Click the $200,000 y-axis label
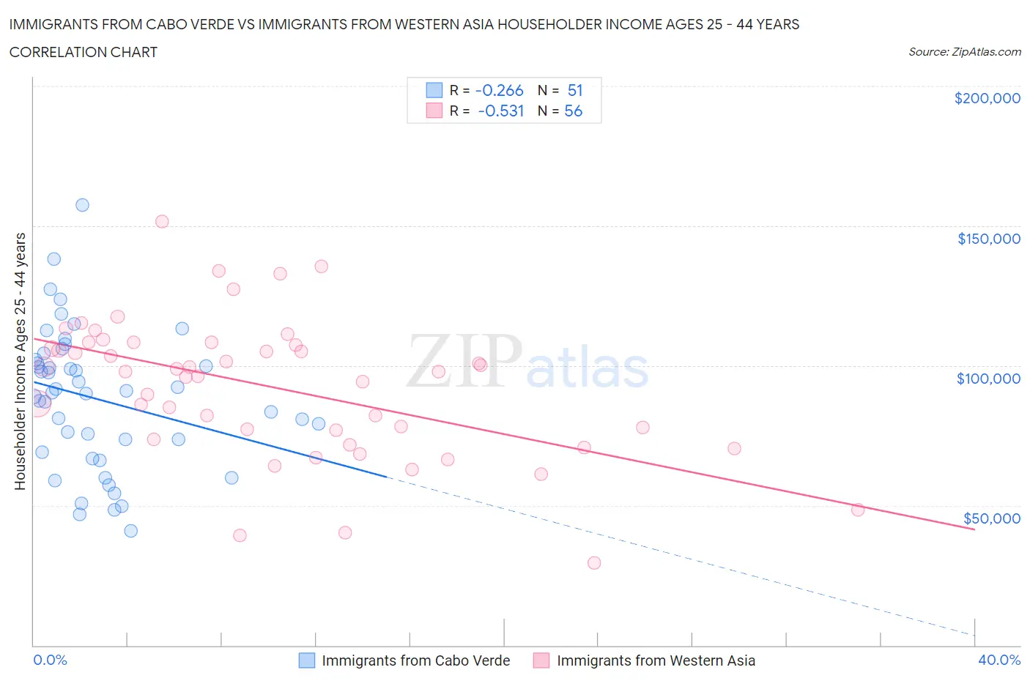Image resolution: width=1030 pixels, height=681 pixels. (x=987, y=99)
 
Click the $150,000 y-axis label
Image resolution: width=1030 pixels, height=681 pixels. (x=988, y=239)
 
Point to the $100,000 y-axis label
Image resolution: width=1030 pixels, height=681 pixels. (x=988, y=379)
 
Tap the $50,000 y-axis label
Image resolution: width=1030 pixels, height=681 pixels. (x=991, y=518)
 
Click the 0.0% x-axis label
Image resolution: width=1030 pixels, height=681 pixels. (x=50, y=660)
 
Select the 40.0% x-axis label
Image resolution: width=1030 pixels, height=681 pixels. (x=999, y=660)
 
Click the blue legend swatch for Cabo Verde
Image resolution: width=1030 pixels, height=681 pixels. (x=307, y=660)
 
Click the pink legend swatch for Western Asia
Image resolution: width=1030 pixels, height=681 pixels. (x=541, y=660)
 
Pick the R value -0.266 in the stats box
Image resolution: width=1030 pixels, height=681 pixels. (x=499, y=90)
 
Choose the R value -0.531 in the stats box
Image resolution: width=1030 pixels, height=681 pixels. (x=500, y=111)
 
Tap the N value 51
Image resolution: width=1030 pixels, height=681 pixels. (x=575, y=90)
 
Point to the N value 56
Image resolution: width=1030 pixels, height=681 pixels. (x=573, y=111)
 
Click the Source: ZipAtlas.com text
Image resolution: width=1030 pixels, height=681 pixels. (x=964, y=52)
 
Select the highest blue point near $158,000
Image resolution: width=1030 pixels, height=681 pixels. (x=82, y=205)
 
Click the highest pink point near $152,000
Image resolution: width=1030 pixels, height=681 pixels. (x=162, y=221)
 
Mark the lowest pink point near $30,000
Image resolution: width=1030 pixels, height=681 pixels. (x=594, y=563)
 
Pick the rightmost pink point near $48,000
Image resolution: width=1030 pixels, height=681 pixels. (x=858, y=510)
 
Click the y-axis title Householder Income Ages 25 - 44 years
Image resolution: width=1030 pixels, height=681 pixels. (x=20, y=361)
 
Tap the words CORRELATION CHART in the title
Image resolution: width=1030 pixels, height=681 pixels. (x=84, y=52)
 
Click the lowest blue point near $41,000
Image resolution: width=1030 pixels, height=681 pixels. (x=130, y=531)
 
